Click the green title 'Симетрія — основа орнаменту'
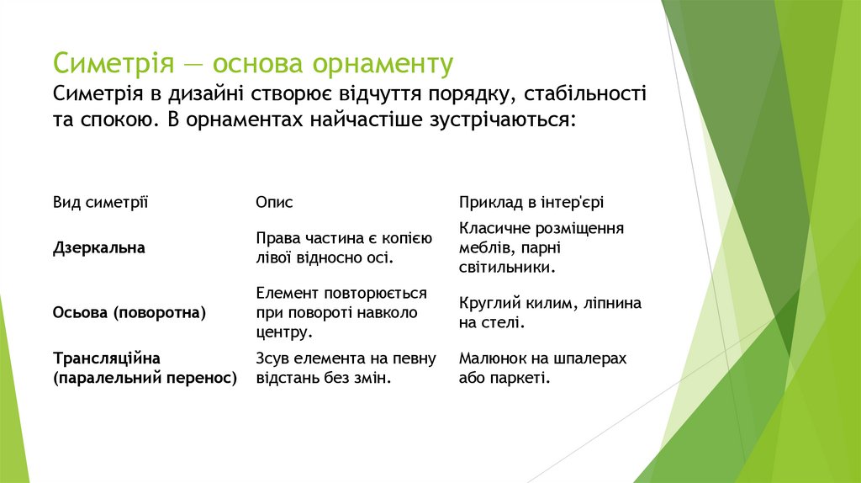coord(253,64)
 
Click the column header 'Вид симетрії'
coord(100,203)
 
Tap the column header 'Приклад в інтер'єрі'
coord(531,203)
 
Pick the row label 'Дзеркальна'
coord(98,247)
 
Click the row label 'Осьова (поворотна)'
coord(129,312)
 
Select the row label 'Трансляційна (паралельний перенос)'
coord(145,369)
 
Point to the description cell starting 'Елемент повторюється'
coord(341,312)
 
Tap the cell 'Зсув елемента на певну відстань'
coord(346,369)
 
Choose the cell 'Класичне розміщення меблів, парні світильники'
coord(541,247)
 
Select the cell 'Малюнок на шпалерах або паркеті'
coord(542,369)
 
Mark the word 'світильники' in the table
coord(505,268)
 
